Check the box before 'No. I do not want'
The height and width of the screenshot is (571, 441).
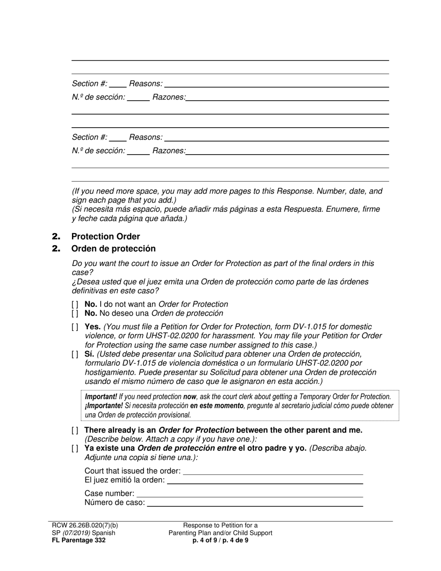tap(75, 305)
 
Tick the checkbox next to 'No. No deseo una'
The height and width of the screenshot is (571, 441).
tap(75, 313)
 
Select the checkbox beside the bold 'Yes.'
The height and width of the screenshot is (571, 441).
tap(75, 327)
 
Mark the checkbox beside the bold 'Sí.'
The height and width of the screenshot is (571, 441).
tap(75, 354)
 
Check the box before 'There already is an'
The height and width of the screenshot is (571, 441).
tap(75, 430)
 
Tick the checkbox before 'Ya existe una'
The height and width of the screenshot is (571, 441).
tap(75, 448)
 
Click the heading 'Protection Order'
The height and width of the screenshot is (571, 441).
tap(105, 236)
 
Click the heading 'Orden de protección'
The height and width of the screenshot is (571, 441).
tap(113, 249)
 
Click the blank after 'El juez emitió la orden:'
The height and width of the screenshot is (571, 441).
tap(265, 480)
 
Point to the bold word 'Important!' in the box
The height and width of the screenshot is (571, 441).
tap(101, 397)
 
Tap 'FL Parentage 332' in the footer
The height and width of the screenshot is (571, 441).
tap(78, 540)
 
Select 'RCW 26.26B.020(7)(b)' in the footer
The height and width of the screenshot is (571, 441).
tap(85, 526)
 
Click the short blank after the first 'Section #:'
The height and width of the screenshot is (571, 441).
tap(118, 84)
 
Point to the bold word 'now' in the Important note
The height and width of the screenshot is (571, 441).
tap(189, 397)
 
